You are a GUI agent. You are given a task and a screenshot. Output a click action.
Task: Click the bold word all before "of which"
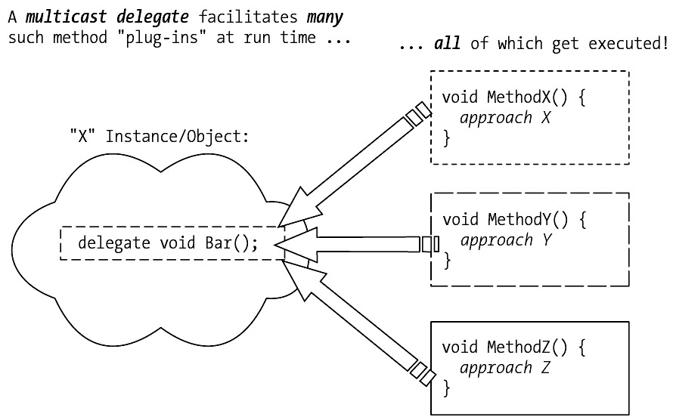click(x=447, y=44)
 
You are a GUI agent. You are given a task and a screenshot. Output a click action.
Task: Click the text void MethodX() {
click(x=514, y=98)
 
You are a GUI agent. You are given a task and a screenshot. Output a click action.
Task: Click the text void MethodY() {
click(x=514, y=220)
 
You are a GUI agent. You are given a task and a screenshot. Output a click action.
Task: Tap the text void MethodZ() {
click(x=514, y=348)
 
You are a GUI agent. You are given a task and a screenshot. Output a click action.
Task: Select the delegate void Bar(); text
click(x=168, y=243)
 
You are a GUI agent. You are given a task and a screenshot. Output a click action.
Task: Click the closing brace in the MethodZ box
click(x=446, y=389)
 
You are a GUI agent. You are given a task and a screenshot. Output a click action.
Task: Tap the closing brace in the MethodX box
click(x=446, y=138)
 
